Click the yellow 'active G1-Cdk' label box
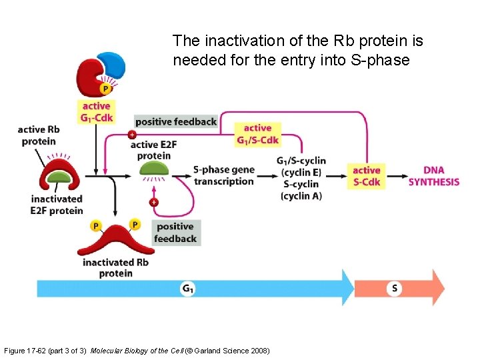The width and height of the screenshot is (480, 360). tap(97, 111)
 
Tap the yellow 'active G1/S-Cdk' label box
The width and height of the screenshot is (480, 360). tap(257, 134)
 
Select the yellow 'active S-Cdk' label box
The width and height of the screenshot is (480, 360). tap(366, 176)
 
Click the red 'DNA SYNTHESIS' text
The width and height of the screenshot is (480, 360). tap(433, 176)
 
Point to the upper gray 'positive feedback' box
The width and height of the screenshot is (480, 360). tap(175, 121)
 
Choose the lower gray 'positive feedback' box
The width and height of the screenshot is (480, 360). tap(175, 233)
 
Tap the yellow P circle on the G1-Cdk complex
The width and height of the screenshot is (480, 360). tap(105, 88)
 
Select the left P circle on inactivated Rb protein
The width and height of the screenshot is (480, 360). tap(95, 226)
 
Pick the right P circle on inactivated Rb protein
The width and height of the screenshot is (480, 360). tap(135, 224)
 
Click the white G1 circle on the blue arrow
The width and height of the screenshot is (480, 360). tap(188, 288)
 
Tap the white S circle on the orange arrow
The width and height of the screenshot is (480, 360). tap(395, 288)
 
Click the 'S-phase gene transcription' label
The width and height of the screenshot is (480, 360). tap(223, 175)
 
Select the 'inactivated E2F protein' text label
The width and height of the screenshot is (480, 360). tap(57, 205)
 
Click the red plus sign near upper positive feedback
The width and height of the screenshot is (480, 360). tap(131, 135)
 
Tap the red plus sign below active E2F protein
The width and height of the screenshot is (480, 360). tap(154, 202)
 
